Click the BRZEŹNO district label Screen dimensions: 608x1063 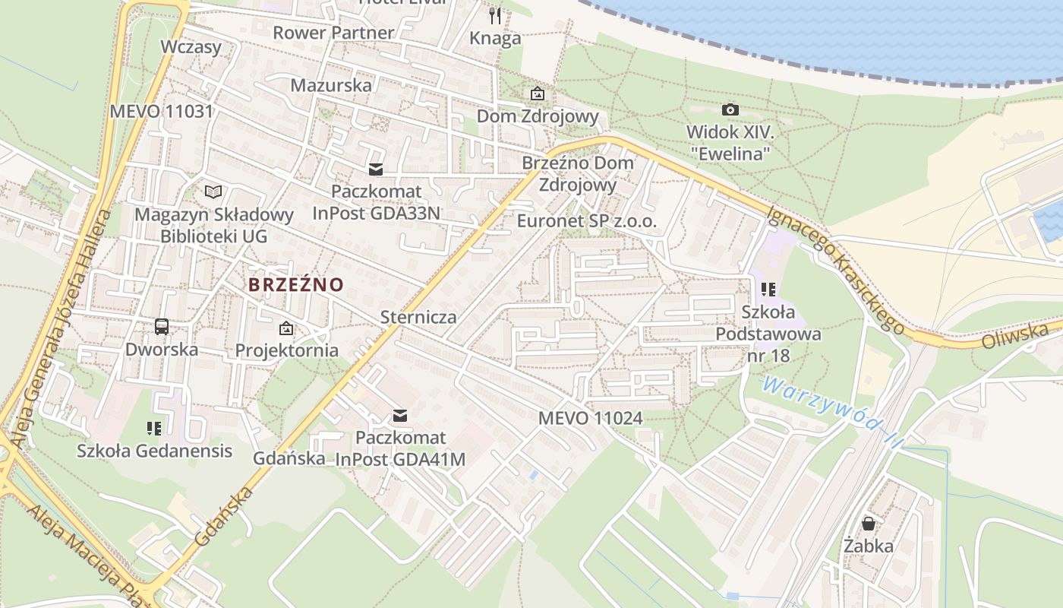(296, 285)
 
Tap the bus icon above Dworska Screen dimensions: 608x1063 (162, 327)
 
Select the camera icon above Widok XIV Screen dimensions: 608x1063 (730, 109)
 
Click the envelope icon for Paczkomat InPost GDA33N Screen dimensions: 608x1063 (376, 169)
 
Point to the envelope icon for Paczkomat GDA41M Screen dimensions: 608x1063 (399, 416)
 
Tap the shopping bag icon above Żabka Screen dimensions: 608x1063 (869, 524)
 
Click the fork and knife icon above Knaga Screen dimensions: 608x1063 (495, 15)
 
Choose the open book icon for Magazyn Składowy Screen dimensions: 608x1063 (214, 192)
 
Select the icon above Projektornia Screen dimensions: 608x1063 (286, 328)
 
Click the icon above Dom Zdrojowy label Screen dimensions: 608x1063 (538, 93)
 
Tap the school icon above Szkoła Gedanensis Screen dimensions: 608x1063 (154, 429)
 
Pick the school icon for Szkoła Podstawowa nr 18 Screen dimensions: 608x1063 (768, 289)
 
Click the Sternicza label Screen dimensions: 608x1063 (418, 317)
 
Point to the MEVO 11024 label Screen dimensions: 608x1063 (590, 418)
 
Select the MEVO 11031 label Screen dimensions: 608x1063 (161, 111)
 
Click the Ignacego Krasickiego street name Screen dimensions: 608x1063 (835, 270)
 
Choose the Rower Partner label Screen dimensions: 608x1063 (333, 33)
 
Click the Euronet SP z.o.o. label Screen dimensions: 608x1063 (586, 221)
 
